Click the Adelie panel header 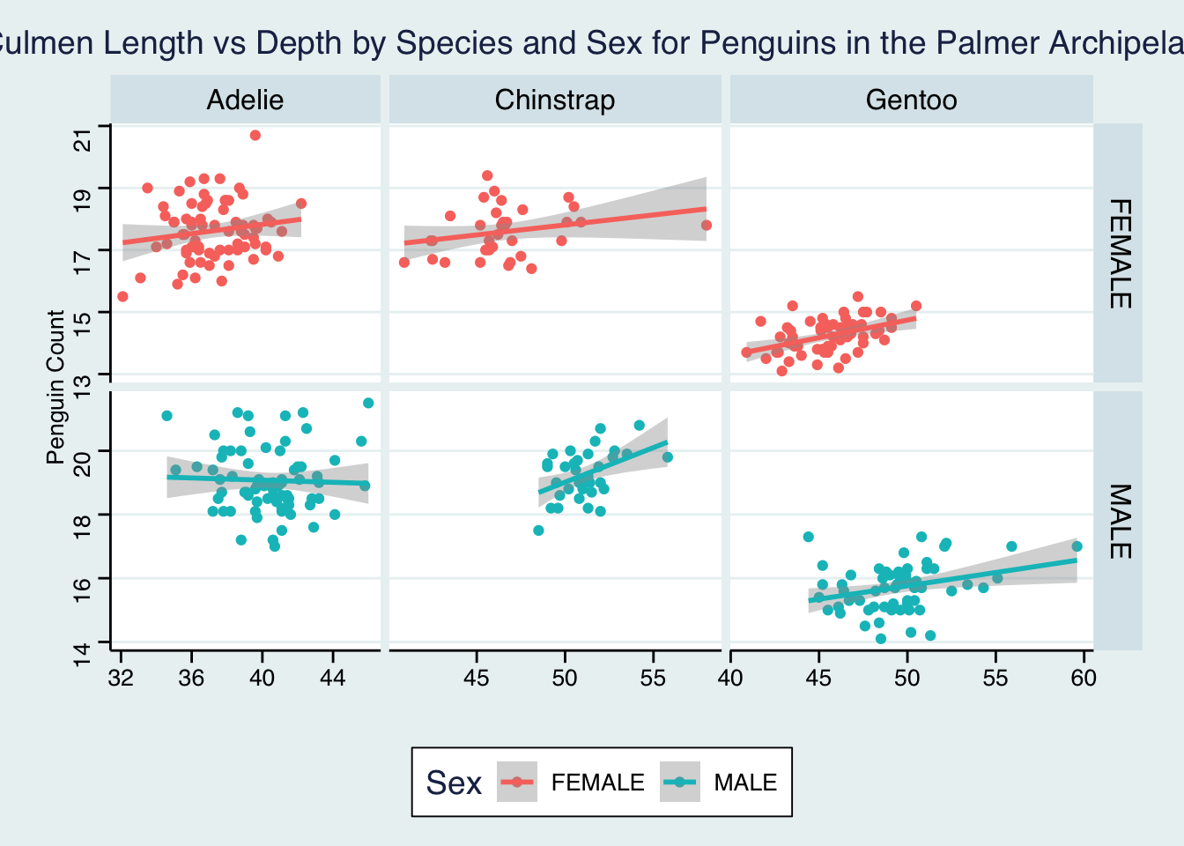tap(245, 100)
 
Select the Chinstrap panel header tap(554, 100)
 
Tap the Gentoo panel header tap(911, 100)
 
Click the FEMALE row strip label tap(1118, 254)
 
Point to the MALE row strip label tap(1118, 521)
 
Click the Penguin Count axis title tap(55, 387)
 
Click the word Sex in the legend tap(454, 783)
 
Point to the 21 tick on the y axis tap(84, 139)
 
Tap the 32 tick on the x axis tap(121, 678)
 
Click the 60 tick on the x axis tap(1084, 678)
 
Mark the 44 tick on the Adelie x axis tap(333, 678)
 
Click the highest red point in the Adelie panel tap(255, 135)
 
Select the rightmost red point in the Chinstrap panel tap(707, 226)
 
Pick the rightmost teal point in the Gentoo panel tap(1077, 546)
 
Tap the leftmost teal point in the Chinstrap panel tap(538, 531)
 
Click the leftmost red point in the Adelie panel tap(122, 296)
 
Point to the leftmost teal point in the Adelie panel tap(167, 416)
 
